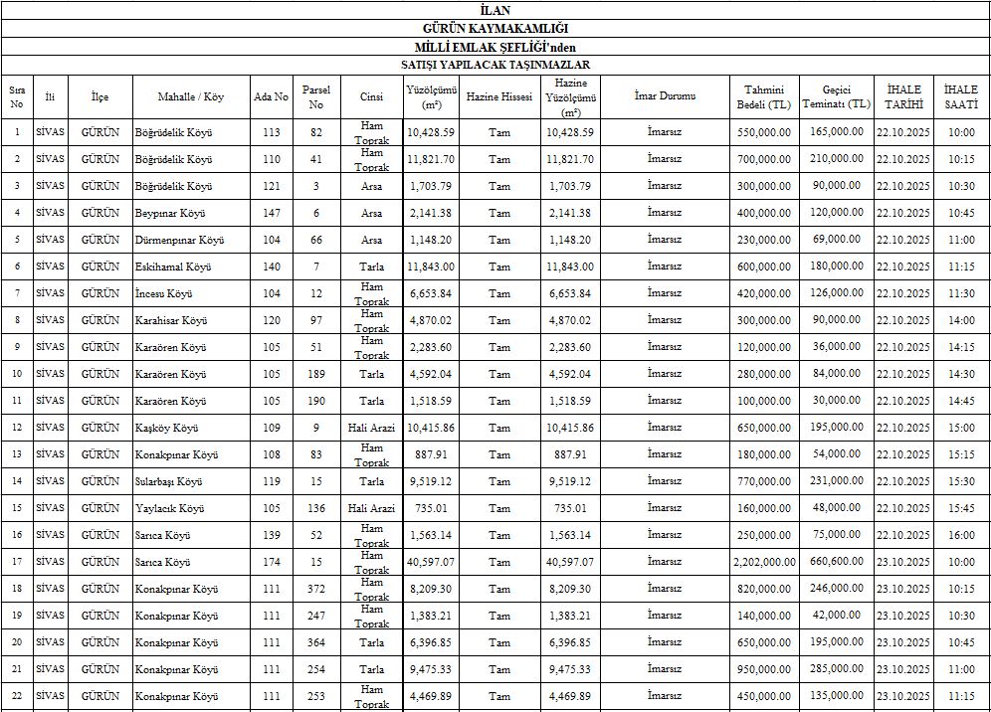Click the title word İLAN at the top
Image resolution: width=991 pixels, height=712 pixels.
pos(495,10)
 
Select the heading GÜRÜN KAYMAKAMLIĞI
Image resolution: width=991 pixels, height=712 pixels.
pos(495,29)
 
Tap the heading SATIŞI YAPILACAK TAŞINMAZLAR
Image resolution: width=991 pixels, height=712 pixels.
pos(495,65)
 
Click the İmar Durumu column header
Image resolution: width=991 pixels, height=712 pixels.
pos(665,96)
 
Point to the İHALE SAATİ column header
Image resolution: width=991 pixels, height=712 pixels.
pos(961,96)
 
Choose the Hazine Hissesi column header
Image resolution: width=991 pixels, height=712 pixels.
pos(499,97)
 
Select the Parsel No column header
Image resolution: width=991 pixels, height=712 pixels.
pos(316,96)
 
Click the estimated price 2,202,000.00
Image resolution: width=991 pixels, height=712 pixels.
pos(764,562)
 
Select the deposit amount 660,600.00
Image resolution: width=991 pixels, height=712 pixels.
pos(836,561)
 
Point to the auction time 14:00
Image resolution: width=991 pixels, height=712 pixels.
pos(961,320)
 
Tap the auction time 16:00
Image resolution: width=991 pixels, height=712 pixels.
pos(961,535)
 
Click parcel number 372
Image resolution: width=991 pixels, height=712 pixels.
pos(316,589)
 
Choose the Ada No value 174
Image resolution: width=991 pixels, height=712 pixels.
pos(272,562)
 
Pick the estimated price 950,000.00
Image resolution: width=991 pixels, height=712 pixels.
pos(764,669)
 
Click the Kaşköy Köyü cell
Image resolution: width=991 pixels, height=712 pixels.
pos(166,428)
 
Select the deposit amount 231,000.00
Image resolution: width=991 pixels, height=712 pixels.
pos(836,481)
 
